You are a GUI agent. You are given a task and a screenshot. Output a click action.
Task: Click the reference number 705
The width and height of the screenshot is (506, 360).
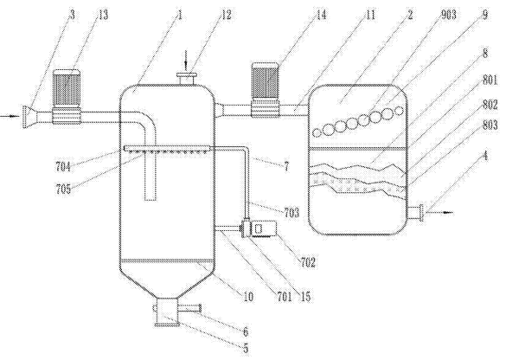[63, 189]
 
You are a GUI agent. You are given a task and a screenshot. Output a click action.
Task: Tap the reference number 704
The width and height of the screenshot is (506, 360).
[63, 167]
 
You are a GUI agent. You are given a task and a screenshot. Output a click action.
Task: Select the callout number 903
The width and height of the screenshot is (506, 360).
[448, 15]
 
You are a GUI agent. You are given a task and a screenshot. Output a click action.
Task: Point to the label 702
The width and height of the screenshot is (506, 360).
[308, 262]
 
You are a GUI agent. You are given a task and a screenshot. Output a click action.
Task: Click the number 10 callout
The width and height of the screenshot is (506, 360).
[248, 297]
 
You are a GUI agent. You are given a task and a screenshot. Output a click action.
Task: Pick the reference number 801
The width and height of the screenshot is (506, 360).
[490, 80]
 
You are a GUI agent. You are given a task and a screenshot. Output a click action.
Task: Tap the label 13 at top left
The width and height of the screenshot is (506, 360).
[103, 15]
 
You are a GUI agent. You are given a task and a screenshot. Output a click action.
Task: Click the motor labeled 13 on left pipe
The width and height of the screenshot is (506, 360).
[67, 97]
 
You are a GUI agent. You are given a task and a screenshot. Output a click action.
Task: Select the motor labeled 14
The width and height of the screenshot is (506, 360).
[266, 90]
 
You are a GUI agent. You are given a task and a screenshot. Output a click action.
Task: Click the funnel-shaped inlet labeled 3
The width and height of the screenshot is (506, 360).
[30, 116]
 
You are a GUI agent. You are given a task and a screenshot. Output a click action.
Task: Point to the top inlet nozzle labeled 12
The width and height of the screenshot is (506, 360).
[187, 79]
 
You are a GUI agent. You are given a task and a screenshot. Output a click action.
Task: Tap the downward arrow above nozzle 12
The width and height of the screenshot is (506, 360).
[186, 61]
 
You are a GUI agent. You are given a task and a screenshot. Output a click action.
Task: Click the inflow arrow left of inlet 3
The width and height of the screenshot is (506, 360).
[10, 116]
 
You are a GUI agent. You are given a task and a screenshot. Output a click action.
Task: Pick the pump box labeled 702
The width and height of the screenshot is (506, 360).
[263, 228]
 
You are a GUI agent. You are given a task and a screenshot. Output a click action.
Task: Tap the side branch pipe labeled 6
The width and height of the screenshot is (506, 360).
[189, 309]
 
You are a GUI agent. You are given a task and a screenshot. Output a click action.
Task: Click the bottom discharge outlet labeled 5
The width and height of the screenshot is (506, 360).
[167, 312]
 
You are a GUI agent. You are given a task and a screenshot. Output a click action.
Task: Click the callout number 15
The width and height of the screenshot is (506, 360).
[305, 297]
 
